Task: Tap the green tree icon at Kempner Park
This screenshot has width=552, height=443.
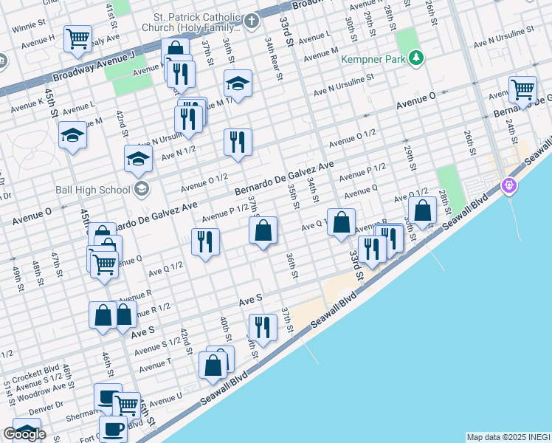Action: click(x=417, y=57)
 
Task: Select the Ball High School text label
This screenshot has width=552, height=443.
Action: click(x=93, y=189)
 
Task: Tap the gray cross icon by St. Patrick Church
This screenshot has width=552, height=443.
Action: click(x=252, y=20)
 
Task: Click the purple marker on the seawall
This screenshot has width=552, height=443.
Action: click(x=508, y=185)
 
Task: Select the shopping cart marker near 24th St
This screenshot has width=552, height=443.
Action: click(x=522, y=89)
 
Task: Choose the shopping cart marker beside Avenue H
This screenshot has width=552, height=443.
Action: click(x=77, y=38)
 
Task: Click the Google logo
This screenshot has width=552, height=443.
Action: click(x=24, y=434)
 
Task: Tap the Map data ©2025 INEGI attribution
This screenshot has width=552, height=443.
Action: click(x=508, y=437)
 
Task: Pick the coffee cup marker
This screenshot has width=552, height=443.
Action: click(x=113, y=429)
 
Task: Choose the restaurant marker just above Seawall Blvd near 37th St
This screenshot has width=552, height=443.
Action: click(x=262, y=326)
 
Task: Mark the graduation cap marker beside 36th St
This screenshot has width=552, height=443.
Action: click(x=238, y=83)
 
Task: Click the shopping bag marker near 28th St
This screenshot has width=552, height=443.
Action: click(x=423, y=210)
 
